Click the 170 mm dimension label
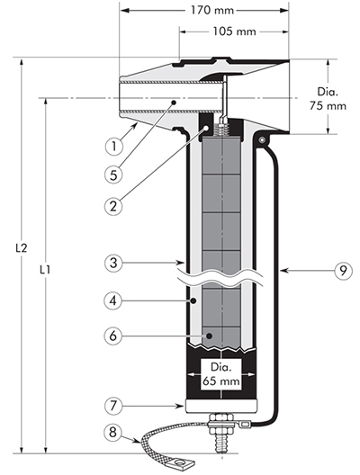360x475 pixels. coord(212,11)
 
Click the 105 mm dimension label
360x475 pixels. coord(234,31)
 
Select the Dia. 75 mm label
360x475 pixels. coord(328,99)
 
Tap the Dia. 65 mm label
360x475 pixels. coord(221,374)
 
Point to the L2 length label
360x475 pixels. coord(22,248)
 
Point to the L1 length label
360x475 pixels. coord(45,269)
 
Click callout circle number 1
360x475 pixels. coord(114,147)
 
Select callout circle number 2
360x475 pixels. coord(113,206)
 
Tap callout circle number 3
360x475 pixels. coord(113,263)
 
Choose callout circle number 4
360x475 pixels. coord(113,301)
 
